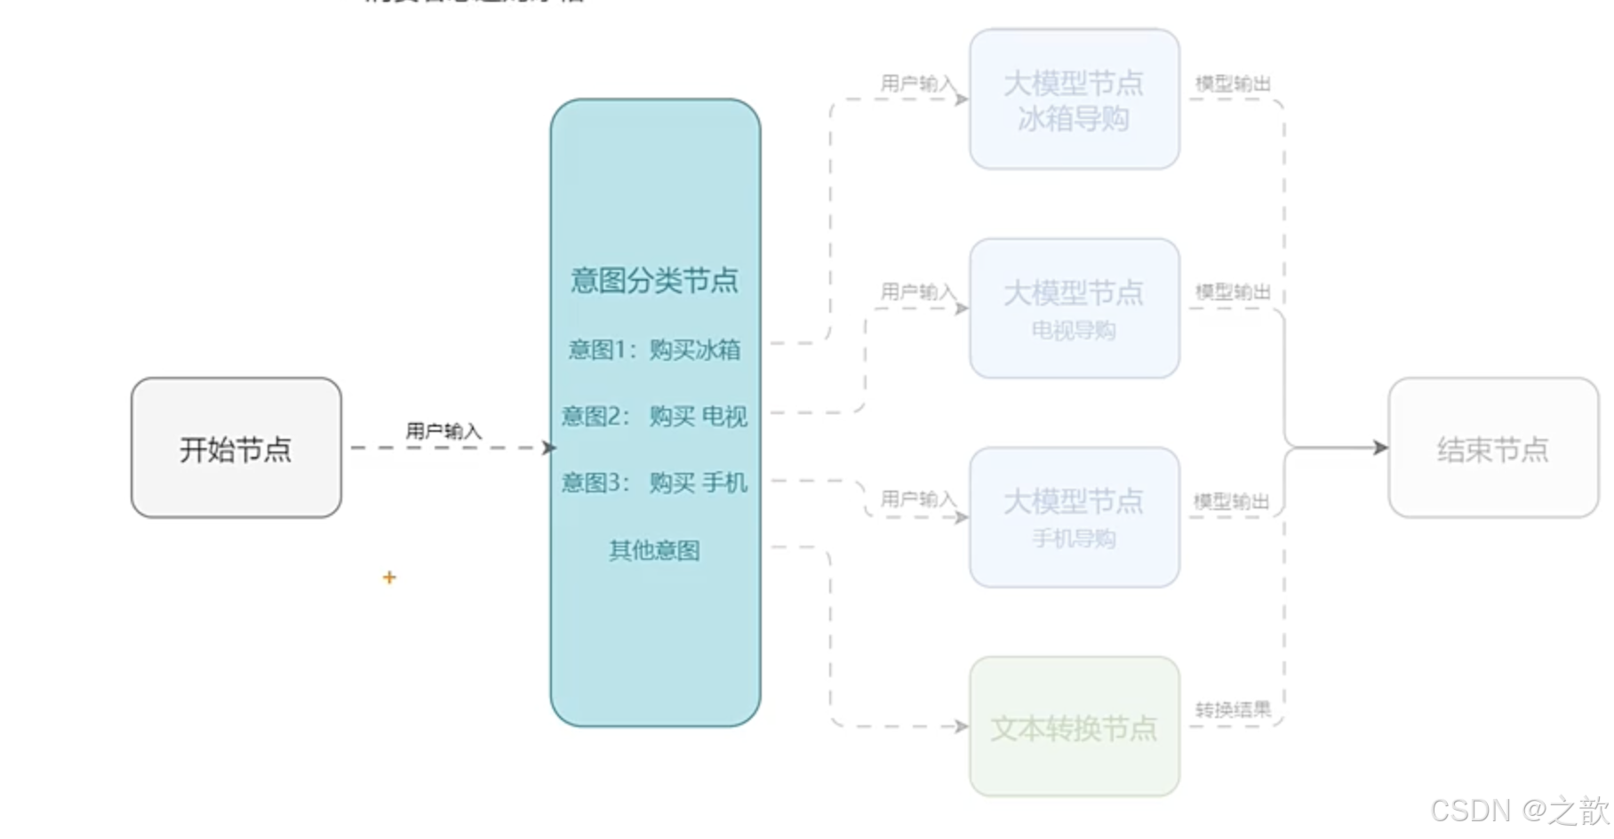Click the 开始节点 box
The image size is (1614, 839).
click(236, 448)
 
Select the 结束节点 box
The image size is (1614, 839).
click(1492, 448)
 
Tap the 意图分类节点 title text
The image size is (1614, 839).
click(654, 281)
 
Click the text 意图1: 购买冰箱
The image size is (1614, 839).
click(654, 349)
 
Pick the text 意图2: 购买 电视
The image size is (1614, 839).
click(654, 416)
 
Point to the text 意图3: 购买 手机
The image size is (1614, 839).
click(654, 483)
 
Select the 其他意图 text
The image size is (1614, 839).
click(654, 550)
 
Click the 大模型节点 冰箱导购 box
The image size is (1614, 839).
click(1074, 100)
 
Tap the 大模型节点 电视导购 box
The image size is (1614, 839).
click(1074, 308)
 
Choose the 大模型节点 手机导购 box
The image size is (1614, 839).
click(1074, 517)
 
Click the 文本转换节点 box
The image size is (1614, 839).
click(1074, 727)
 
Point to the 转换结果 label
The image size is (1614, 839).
click(1233, 709)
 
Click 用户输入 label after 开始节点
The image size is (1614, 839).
click(443, 431)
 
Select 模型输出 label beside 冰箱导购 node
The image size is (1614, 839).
click(1233, 84)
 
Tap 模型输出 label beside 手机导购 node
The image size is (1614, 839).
click(1232, 501)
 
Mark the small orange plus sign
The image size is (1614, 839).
click(389, 578)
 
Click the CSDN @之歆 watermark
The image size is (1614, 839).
click(1519, 811)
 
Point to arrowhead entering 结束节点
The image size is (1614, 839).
click(1380, 448)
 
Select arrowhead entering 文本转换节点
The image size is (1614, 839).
click(962, 726)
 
